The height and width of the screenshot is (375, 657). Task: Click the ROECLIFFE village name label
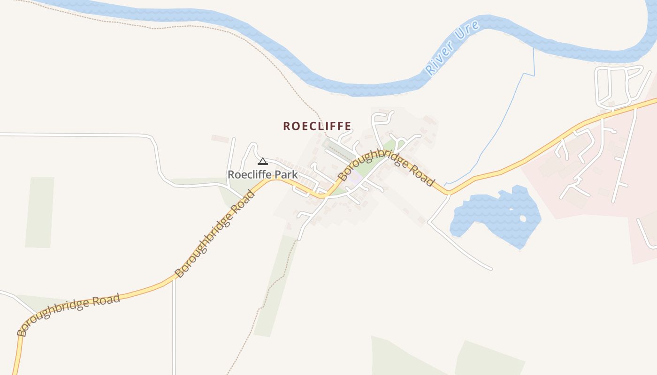(x=317, y=126)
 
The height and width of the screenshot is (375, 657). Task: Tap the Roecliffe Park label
(x=262, y=174)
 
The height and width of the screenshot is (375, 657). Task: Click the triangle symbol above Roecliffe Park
(x=263, y=162)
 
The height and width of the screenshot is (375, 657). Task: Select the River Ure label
(x=452, y=48)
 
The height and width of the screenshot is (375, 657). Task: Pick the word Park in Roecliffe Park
(x=283, y=174)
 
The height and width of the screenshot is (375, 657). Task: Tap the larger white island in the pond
(x=522, y=218)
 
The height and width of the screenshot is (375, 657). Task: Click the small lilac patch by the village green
(x=356, y=179)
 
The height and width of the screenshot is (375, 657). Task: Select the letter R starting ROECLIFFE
(x=286, y=126)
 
